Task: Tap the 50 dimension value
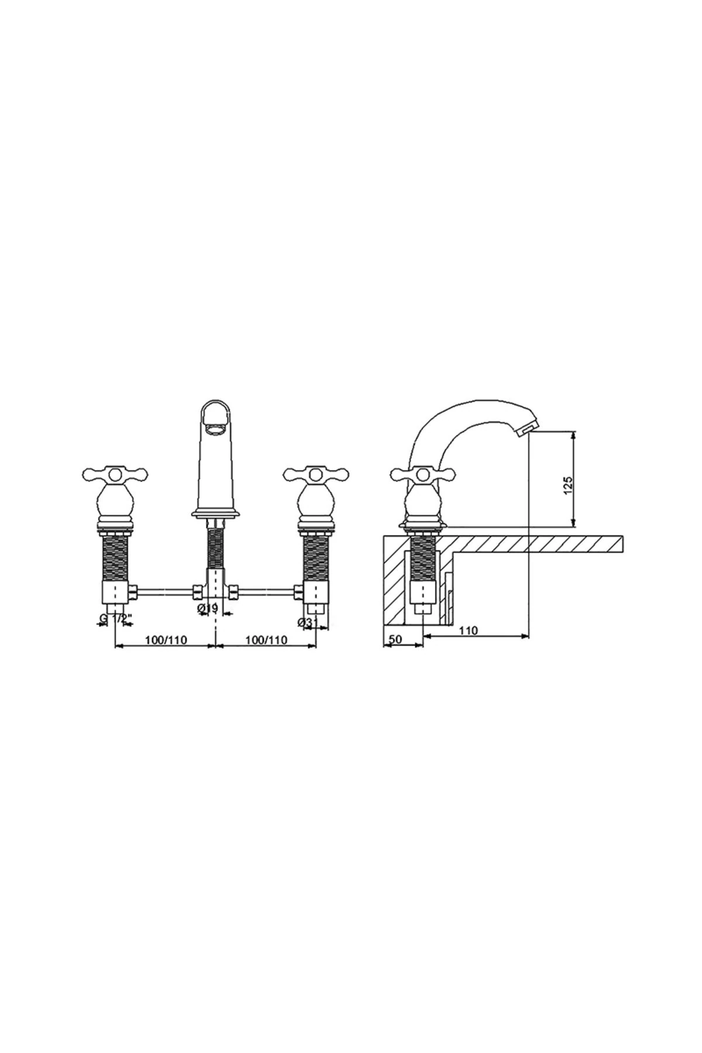[x=395, y=639]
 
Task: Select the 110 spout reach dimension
[x=469, y=630]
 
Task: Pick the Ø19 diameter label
[x=209, y=608]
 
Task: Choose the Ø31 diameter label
[x=308, y=623]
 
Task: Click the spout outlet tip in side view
[x=525, y=431]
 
